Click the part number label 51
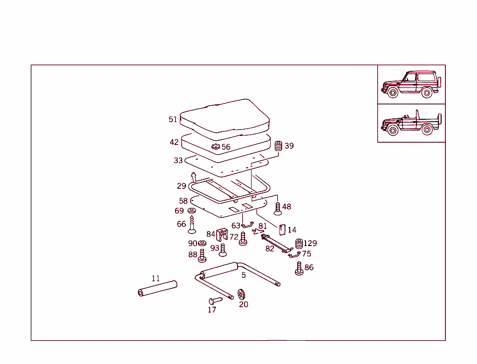pyautogui.click(x=173, y=119)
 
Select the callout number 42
pyautogui.click(x=174, y=142)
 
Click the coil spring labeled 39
pyautogui.click(x=279, y=146)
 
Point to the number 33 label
pyautogui.click(x=178, y=160)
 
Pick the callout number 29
pyautogui.click(x=181, y=186)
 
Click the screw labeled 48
pyautogui.click(x=278, y=208)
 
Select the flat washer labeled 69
pyautogui.click(x=191, y=211)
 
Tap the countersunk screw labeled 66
pyautogui.click(x=191, y=227)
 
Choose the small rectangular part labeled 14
pyautogui.click(x=281, y=230)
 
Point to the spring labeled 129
pyautogui.click(x=299, y=244)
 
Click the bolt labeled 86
pyautogui.click(x=299, y=268)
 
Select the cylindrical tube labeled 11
pyautogui.click(x=157, y=288)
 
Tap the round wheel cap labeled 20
pyautogui.click(x=241, y=294)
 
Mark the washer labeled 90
pyautogui.click(x=202, y=243)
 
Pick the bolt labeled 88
pyautogui.click(x=202, y=256)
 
